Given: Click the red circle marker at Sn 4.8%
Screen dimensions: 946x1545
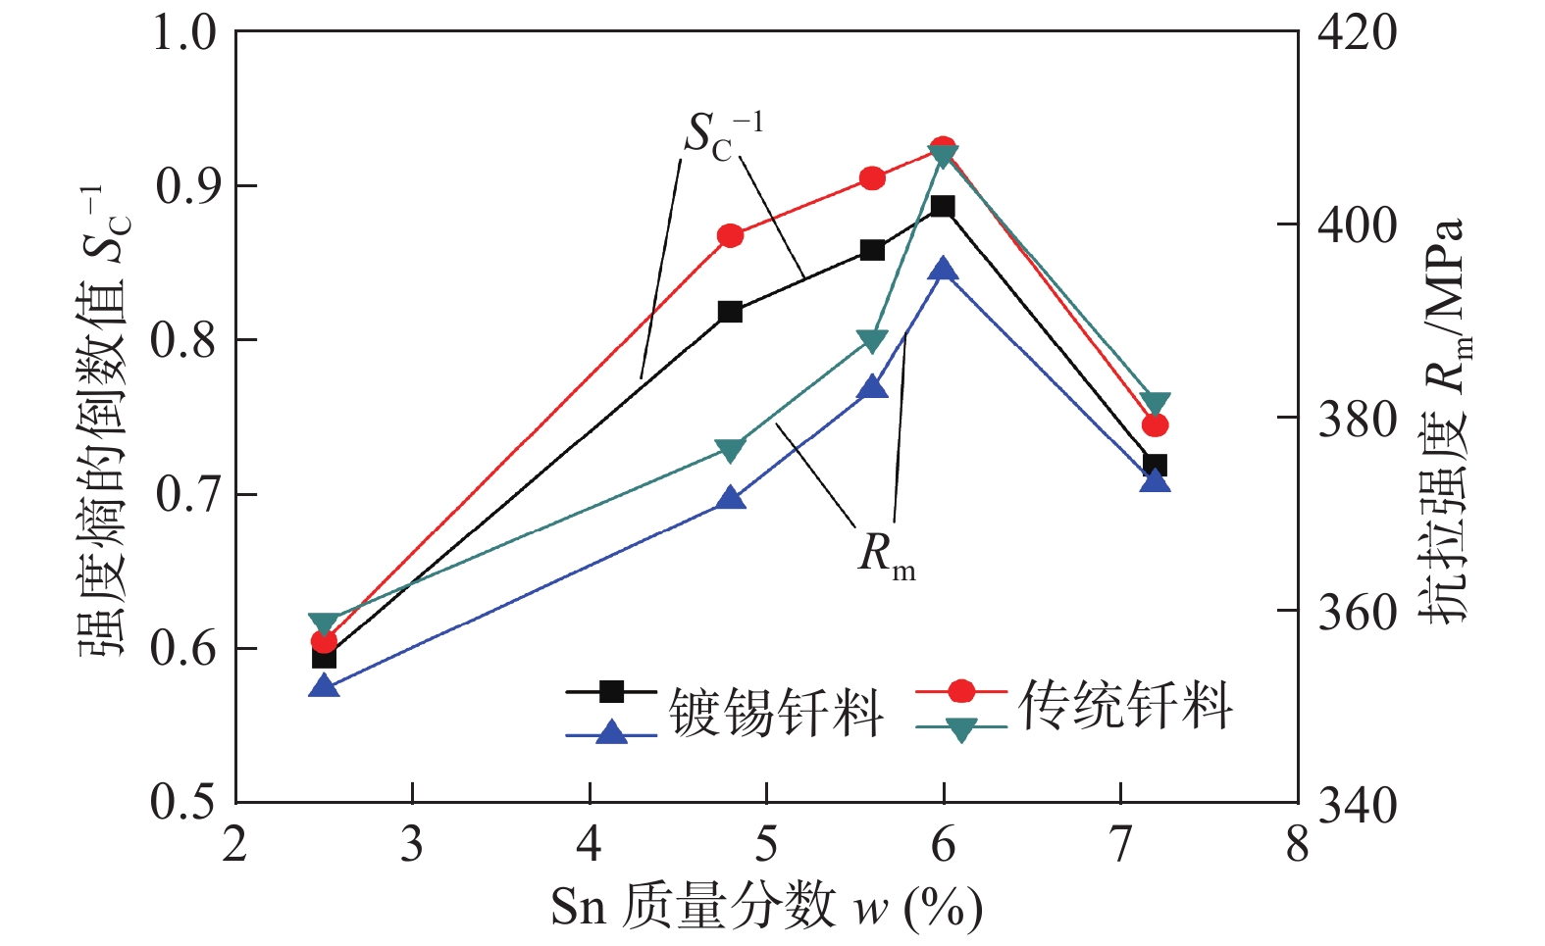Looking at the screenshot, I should click(730, 235).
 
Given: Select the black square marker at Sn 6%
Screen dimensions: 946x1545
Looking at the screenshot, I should click(943, 206).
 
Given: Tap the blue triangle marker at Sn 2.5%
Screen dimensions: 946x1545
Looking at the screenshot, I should click(324, 686).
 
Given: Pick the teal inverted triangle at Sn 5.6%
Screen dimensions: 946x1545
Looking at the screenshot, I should click(872, 340).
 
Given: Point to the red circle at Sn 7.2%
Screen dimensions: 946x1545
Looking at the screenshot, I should click(1156, 425).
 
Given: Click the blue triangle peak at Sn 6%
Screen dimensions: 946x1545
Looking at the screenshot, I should click(943, 270).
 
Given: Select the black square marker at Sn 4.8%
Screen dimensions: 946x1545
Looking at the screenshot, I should click(730, 312).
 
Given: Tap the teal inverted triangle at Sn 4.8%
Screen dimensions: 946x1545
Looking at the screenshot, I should click(730, 450).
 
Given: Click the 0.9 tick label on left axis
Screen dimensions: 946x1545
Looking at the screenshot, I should click(185, 186).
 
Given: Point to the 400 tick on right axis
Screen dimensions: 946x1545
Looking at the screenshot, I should click(1357, 225).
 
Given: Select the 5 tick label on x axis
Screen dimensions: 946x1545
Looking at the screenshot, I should click(766, 843).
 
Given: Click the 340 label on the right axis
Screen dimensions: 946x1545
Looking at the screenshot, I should click(1357, 806).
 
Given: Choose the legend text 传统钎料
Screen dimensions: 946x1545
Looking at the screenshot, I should click(1124, 705).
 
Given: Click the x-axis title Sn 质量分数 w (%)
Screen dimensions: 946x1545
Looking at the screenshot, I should click(766, 907).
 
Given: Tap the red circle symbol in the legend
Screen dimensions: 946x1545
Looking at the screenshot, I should click(962, 691).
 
